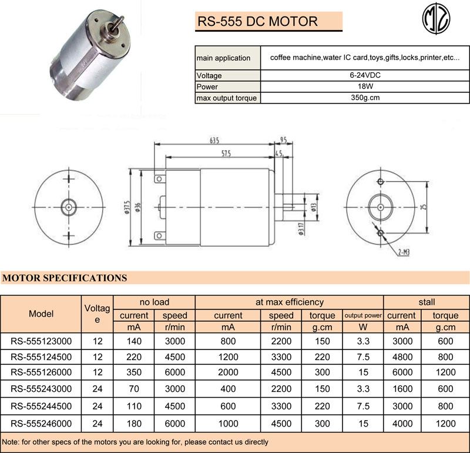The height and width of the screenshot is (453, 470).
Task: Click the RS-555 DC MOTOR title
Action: (257, 22)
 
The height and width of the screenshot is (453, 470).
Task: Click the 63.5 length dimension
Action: (213, 141)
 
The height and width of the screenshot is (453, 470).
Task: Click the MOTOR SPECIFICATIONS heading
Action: (65, 278)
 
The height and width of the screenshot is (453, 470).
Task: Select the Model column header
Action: (41, 314)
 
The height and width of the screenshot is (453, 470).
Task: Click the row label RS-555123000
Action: (41, 341)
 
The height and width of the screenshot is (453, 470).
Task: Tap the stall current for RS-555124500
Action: (402, 357)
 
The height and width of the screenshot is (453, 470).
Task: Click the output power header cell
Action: (362, 315)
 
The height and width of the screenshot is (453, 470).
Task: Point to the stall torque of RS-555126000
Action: (445, 373)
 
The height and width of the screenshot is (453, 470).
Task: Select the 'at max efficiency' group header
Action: (289, 302)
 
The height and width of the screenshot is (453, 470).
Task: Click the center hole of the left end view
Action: (69, 206)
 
